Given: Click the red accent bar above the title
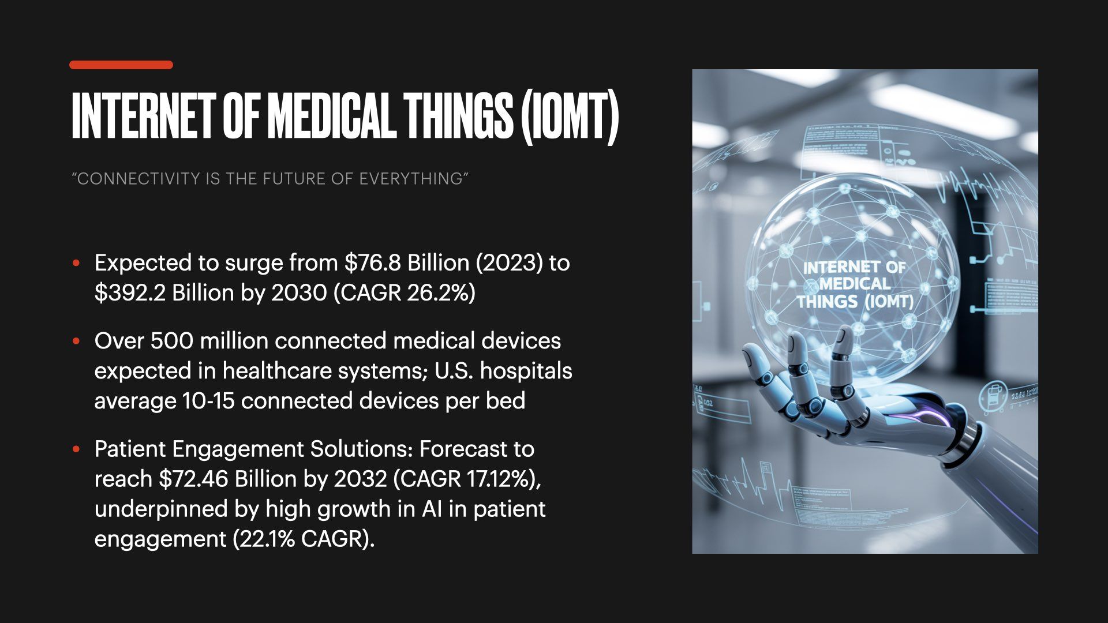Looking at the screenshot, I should [121, 65].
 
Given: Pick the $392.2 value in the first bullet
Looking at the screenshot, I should [130, 293].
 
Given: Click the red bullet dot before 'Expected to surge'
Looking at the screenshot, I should [76, 264].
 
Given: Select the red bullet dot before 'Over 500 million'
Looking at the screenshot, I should [76, 341].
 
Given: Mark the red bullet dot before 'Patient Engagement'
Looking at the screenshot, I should [76, 449].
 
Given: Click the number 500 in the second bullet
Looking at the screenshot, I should [171, 341].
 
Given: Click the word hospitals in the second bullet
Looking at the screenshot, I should [526, 371].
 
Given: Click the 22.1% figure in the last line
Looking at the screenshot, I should [265, 539].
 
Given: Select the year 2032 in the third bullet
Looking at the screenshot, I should [360, 479].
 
